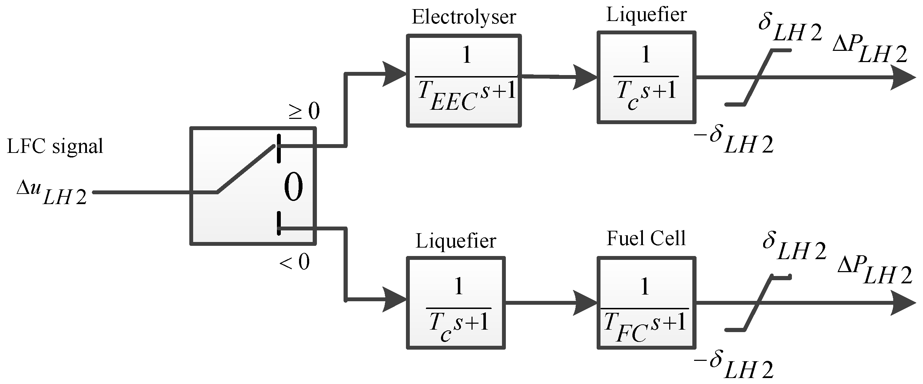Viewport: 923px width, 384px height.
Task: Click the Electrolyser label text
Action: pos(464,17)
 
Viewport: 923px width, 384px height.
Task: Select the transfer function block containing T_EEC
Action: pos(464,80)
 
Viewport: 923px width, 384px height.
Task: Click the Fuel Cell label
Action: pos(646,238)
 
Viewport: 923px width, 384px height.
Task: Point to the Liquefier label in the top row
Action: pos(646,15)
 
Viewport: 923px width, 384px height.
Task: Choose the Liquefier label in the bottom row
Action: pos(455,241)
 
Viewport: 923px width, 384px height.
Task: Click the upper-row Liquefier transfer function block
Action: pos(646,78)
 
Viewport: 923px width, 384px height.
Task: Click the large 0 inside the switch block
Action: pos(293,187)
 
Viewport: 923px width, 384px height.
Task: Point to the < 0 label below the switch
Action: pos(294,262)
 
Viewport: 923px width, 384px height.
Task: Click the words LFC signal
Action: pos(55,146)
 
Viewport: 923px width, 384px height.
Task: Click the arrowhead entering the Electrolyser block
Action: pos(394,74)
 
